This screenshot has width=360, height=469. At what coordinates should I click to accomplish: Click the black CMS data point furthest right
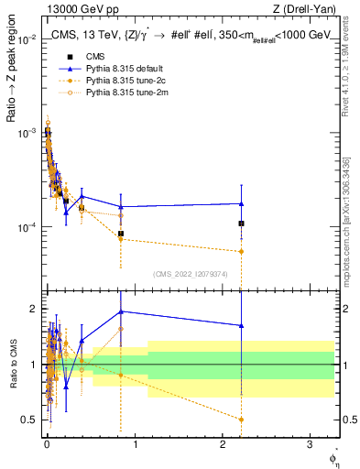[241, 224]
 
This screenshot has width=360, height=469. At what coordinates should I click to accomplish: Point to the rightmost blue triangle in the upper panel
[241, 203]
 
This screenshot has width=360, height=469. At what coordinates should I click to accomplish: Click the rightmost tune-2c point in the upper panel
[241, 251]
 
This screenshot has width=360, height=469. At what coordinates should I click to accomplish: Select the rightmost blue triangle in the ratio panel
[241, 325]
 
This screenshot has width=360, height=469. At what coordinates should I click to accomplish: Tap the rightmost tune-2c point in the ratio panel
[241, 420]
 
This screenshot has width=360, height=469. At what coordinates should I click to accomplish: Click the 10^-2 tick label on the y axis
[28, 39]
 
